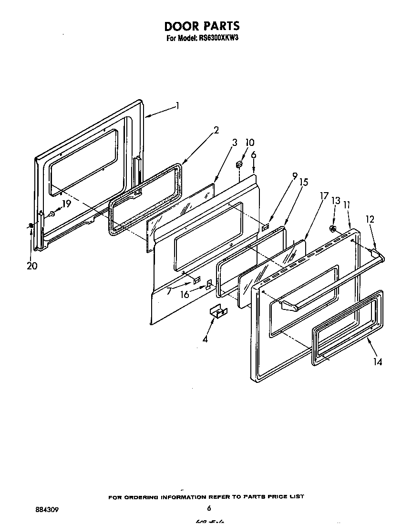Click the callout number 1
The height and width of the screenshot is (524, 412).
tap(177, 106)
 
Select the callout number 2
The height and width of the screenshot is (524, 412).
tap(216, 130)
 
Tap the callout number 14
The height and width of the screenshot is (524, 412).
tap(377, 362)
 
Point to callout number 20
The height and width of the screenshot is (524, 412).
tap(32, 266)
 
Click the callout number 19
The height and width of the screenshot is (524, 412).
tap(66, 203)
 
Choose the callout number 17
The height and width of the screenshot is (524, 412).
tap(324, 195)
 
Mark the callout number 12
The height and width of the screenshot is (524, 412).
tap(370, 219)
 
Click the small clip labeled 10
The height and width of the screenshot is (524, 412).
tap(240, 164)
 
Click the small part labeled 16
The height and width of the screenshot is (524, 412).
tap(208, 286)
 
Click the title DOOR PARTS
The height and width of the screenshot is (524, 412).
tap(202, 26)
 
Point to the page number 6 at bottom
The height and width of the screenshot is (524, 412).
tap(209, 508)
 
